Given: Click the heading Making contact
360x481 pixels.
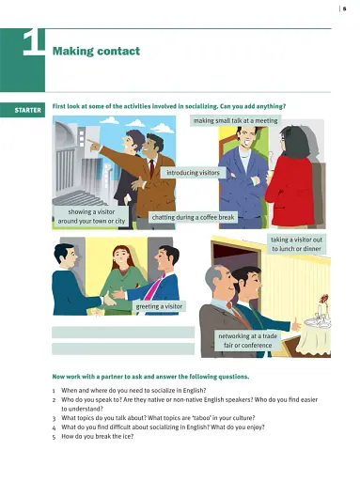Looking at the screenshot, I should pos(97,51).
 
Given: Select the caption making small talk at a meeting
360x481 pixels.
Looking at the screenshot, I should pos(235,121).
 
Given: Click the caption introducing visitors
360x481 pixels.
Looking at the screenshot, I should pos(194,173).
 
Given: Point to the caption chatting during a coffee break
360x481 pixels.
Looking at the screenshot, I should pos(194,217).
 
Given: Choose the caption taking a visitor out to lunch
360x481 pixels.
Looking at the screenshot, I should pos(297,244).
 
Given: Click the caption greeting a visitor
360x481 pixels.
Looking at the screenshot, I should pos(160,306).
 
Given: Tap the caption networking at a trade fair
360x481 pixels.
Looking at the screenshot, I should pos(247,340).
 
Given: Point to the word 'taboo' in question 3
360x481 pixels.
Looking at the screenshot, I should pos(188,414).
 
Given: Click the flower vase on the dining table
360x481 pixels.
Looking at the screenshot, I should pos(321,307).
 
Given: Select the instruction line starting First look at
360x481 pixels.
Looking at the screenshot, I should pos(169,107).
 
